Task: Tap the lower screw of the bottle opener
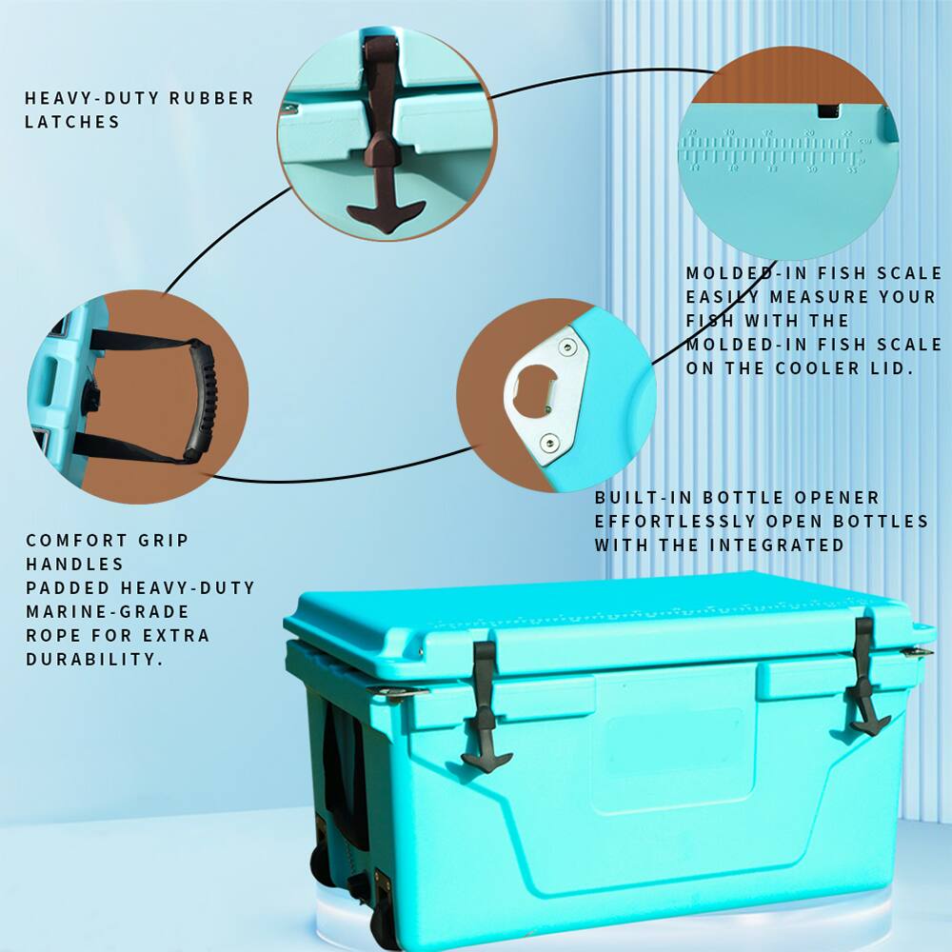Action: pos(549,441)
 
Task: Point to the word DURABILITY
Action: pos(90,659)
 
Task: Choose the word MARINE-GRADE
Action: pos(108,611)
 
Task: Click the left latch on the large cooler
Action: pos(485,704)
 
